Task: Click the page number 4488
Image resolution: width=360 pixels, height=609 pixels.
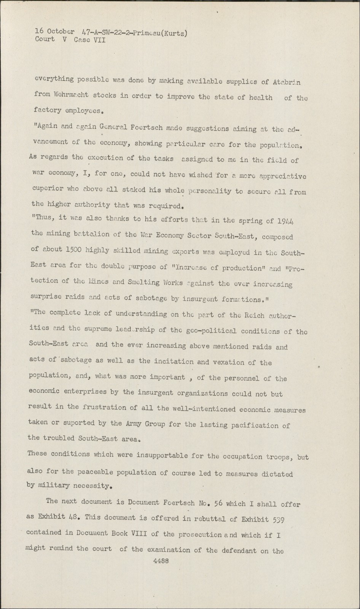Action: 160,561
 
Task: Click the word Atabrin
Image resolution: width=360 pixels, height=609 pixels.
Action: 287,82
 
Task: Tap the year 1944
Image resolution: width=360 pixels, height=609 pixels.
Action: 286,222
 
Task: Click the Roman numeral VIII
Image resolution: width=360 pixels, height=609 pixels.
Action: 136,533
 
